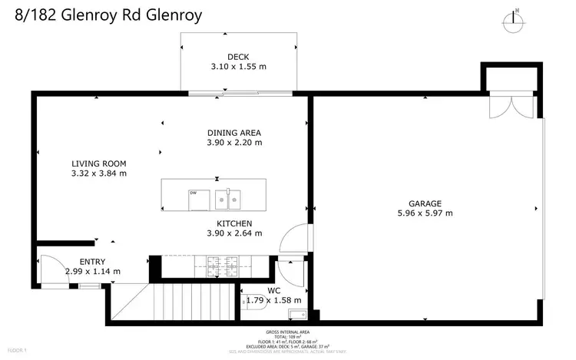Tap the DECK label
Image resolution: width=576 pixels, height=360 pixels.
point(238,57)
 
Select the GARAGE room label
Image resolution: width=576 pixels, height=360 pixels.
point(425,203)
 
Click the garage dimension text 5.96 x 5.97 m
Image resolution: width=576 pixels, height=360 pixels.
point(425,213)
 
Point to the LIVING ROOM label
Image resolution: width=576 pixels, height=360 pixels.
point(98,163)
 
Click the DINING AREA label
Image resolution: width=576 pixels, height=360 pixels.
point(234,132)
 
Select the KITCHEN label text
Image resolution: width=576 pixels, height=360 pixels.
point(234,223)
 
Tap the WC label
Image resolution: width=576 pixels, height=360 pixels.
point(273,290)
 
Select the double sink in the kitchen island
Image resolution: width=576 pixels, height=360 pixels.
point(228,200)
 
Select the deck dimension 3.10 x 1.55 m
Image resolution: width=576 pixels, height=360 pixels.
point(238,67)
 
